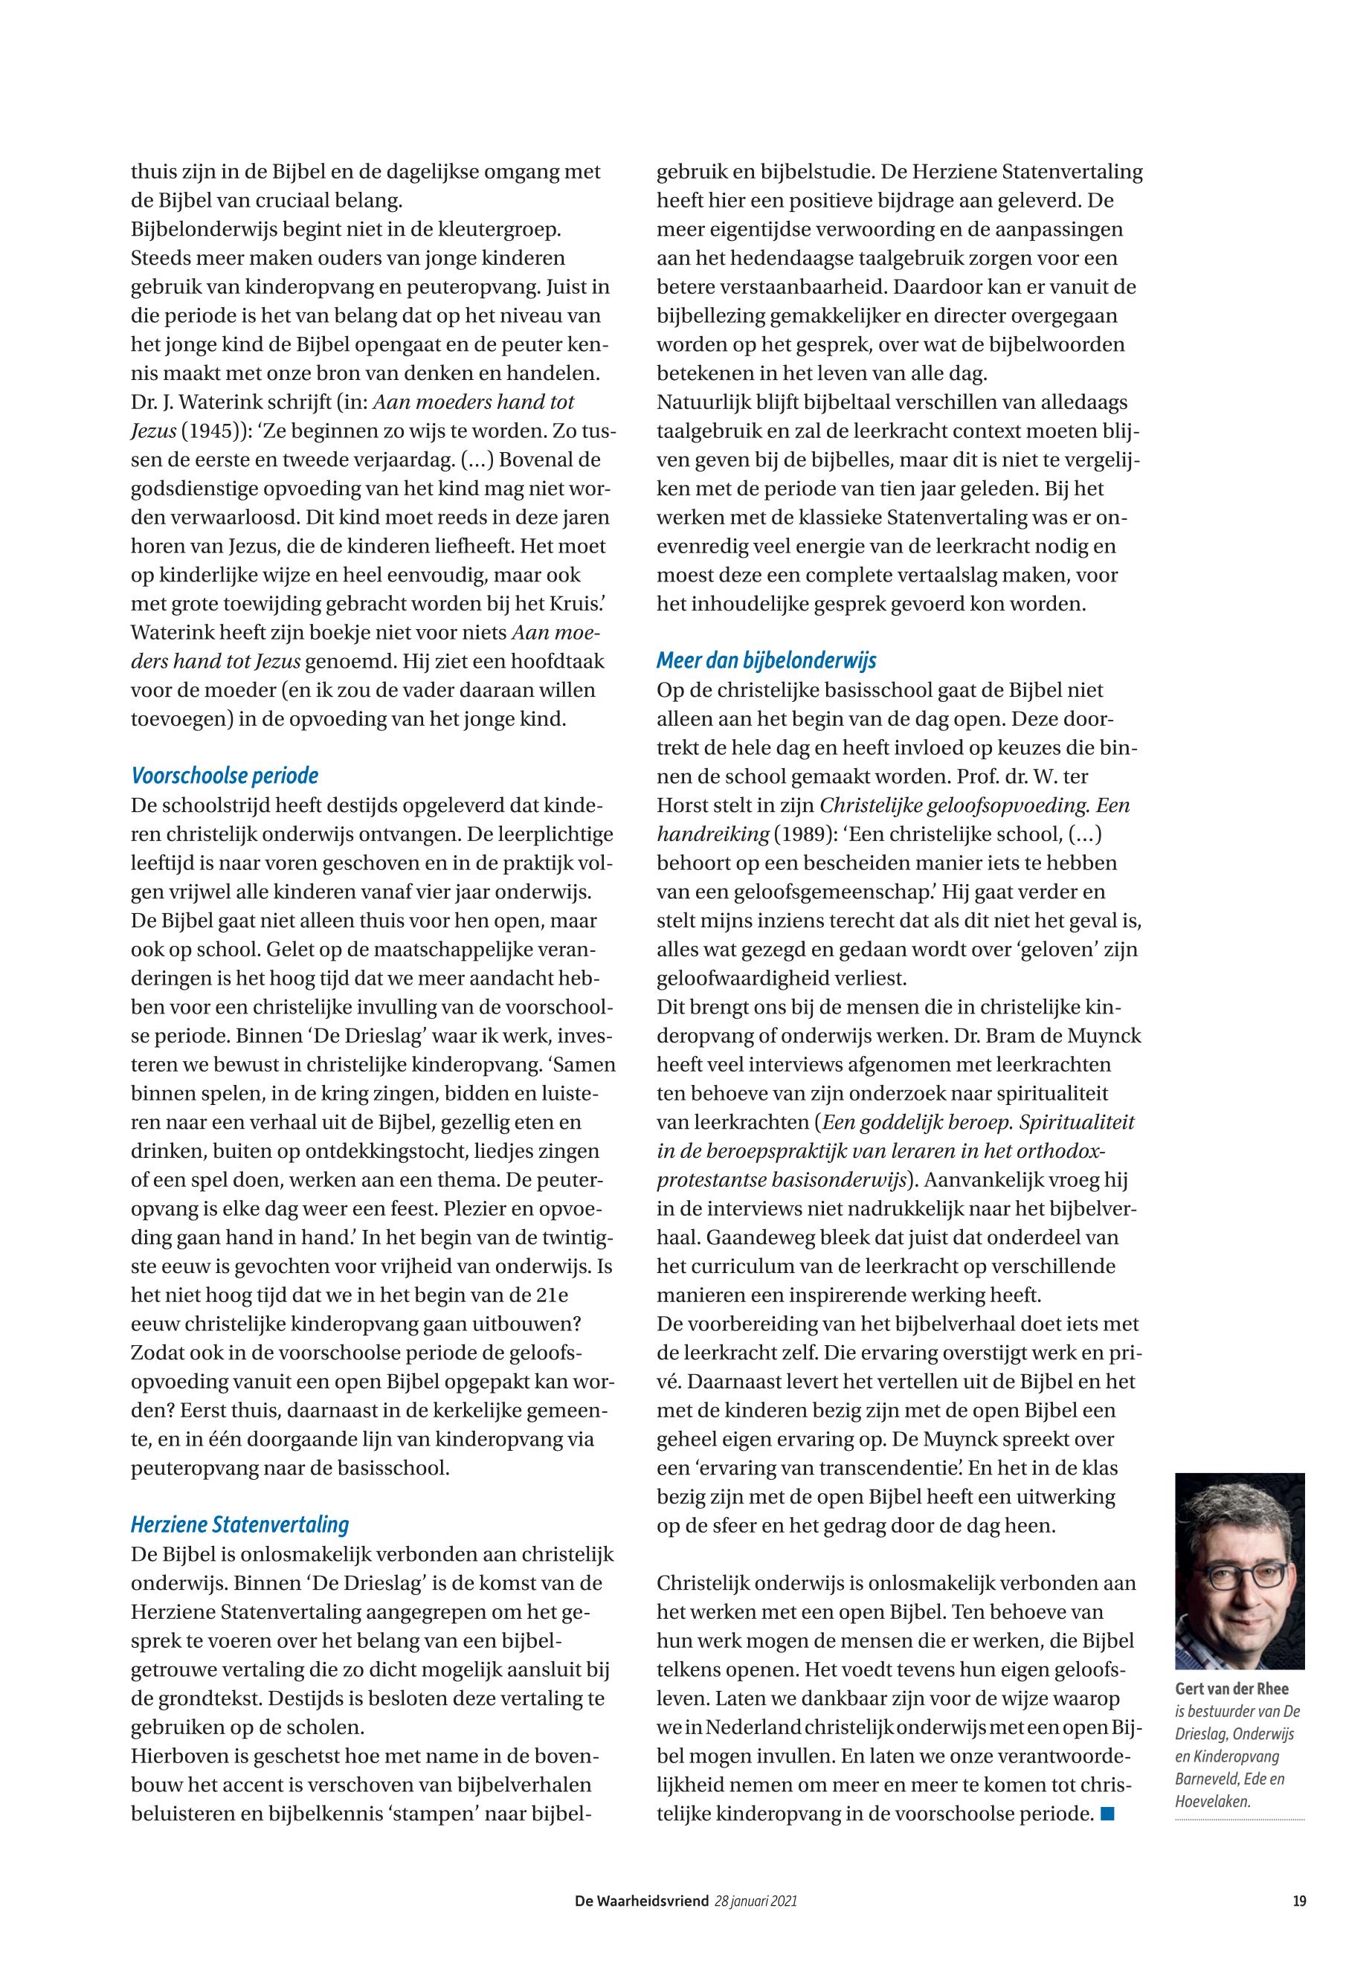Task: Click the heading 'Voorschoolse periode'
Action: click(225, 776)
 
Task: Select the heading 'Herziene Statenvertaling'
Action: click(240, 1525)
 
